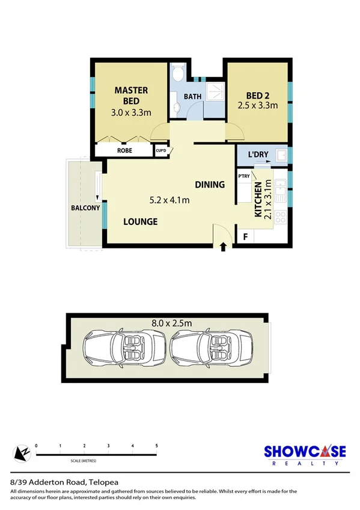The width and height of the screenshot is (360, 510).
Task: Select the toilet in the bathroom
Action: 177,75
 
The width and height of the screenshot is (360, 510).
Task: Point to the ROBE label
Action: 125,152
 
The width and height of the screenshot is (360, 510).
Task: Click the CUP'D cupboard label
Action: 161,151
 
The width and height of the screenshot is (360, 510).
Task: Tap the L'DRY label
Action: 258,155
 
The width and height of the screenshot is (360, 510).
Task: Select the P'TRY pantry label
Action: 244,176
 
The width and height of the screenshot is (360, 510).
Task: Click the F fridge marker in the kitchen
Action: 245,237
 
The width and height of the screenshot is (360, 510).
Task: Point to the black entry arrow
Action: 224,246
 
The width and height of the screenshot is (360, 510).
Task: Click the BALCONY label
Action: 84,208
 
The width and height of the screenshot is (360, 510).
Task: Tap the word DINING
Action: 209,185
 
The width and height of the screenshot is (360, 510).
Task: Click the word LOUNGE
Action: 141,222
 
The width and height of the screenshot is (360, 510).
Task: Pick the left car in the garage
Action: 124,351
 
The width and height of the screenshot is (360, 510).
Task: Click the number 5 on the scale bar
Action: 156,446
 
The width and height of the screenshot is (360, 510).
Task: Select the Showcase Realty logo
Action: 306,454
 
